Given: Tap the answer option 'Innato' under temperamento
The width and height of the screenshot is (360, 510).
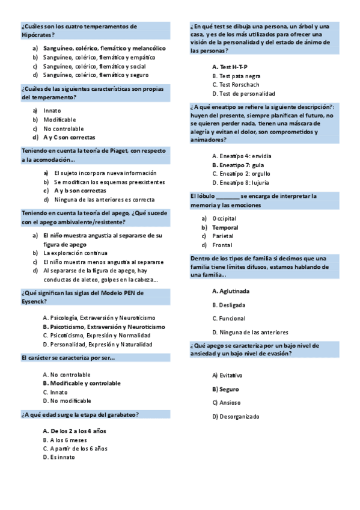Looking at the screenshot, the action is pyautogui.click(x=52, y=111).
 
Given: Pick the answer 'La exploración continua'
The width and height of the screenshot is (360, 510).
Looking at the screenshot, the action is pyautogui.click(x=75, y=253).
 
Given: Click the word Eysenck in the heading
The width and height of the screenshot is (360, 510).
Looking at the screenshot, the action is pyautogui.click(x=34, y=301).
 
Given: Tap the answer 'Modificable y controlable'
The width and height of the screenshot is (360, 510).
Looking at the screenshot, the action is pyautogui.click(x=85, y=383).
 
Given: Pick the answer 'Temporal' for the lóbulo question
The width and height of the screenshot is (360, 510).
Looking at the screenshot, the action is pyautogui.click(x=225, y=227).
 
